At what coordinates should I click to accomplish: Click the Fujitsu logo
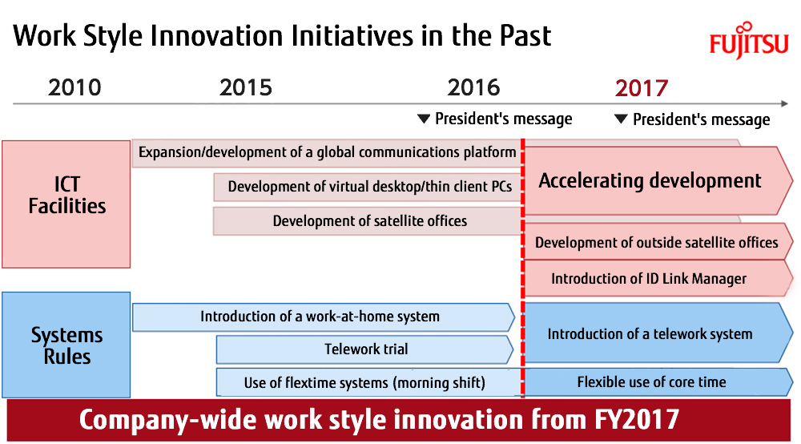tap(749, 40)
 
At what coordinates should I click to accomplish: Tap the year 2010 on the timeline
tap(74, 88)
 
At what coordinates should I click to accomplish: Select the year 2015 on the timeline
tap(246, 88)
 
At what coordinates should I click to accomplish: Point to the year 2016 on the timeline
tap(473, 88)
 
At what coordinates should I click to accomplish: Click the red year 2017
tap(642, 88)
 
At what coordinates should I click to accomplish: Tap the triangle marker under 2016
tap(424, 119)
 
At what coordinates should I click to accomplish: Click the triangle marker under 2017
tap(621, 119)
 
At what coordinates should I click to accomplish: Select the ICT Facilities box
tap(66, 204)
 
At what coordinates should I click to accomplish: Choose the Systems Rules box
tap(66, 345)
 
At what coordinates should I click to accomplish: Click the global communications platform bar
tap(327, 153)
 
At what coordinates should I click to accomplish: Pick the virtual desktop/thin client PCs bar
tap(368, 187)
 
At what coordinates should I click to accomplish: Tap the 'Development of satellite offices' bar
tap(368, 221)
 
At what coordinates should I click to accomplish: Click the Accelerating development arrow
tap(658, 181)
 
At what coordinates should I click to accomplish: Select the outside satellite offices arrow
tap(658, 242)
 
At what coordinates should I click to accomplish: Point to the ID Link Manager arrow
tap(658, 279)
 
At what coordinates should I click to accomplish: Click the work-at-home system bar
tap(324, 317)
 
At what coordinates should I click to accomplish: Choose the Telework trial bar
tap(365, 349)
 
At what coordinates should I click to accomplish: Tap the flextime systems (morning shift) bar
tap(368, 382)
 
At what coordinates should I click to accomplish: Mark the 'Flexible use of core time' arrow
tap(658, 382)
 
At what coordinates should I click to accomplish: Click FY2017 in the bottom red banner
tap(637, 420)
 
